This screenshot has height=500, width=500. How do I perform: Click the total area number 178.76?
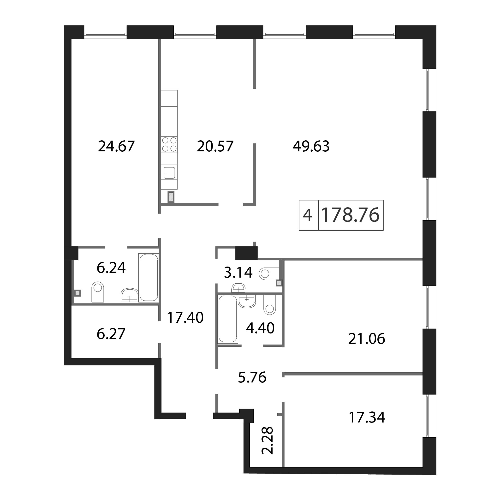350,215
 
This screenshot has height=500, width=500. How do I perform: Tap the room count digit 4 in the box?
307,215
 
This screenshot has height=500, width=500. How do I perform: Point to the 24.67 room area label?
116,146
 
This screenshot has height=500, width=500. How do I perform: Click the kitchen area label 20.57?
215,146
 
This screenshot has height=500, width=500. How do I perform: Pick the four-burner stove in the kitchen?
169,144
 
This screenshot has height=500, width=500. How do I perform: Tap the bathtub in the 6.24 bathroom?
149,277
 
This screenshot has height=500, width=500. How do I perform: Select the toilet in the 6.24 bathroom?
98,292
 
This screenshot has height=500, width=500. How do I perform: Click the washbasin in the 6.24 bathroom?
130,295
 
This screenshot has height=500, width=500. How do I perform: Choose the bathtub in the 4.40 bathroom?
228,319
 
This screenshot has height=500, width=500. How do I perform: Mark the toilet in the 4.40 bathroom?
269,305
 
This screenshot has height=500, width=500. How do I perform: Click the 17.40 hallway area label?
185,318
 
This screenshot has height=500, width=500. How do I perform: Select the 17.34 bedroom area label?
367,417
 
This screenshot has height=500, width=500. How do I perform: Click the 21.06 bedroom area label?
367,339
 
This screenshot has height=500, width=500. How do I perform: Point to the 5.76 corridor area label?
252,378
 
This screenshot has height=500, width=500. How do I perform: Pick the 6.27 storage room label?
111,333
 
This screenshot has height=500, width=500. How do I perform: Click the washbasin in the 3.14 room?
238,288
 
